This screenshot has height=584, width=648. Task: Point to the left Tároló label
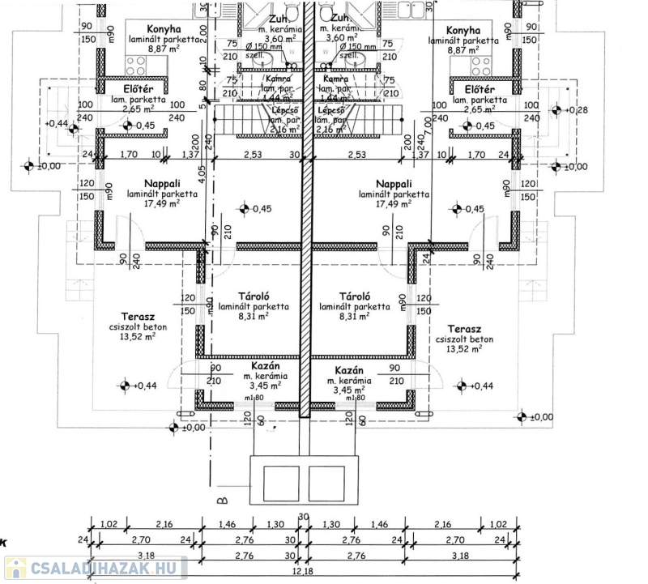coord(254,296)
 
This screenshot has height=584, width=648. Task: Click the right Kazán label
coord(348,368)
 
